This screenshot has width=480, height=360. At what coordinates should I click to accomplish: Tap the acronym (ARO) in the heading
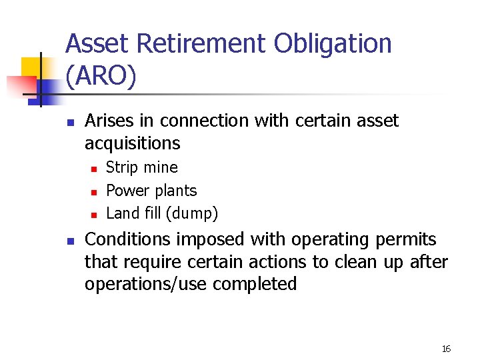coord(101,77)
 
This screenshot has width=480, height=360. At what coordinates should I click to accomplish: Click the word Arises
coord(109,121)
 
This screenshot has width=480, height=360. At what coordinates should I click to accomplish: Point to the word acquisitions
coord(132,143)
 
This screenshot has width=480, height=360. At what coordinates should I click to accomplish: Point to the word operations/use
coord(146,284)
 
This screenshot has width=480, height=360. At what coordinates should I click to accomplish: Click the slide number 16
coord(446,349)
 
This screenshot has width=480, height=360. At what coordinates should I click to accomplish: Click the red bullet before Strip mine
coord(94,169)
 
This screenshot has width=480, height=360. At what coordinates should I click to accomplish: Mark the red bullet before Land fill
coord(94,215)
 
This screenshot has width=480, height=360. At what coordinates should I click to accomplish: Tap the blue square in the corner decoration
coord(49,89)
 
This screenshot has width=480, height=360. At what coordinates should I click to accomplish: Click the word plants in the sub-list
coord(175,191)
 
